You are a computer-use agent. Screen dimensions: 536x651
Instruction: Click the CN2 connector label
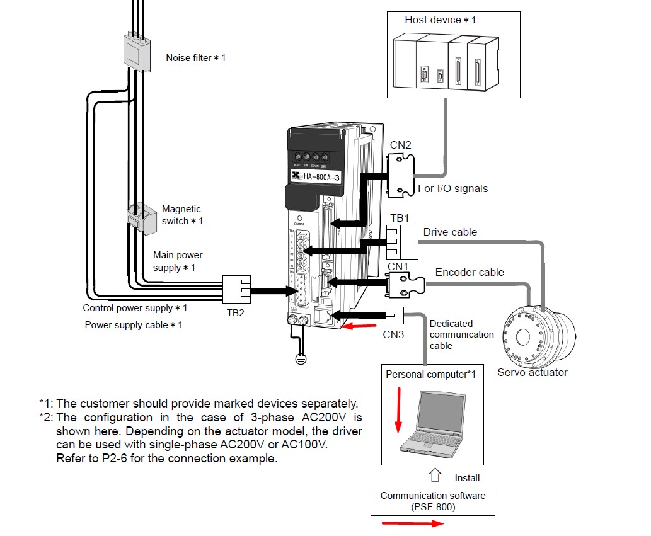coord(400,145)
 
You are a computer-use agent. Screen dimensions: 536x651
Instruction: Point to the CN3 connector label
coord(393,334)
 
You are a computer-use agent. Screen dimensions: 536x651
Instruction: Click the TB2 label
coord(235,312)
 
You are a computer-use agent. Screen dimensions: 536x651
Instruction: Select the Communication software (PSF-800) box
coord(433,501)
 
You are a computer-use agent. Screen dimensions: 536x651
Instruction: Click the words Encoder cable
coord(470,272)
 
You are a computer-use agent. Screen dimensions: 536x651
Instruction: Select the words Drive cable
coord(450,232)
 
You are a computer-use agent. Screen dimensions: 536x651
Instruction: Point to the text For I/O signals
coord(453,188)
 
